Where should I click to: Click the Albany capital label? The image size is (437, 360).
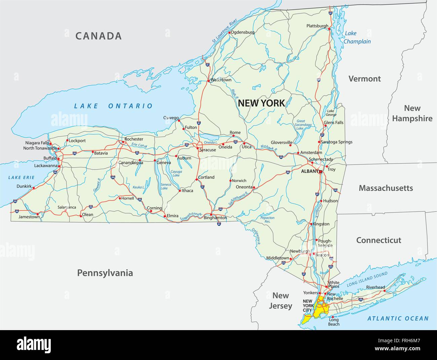[309, 171]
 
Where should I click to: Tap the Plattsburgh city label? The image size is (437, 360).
[317, 26]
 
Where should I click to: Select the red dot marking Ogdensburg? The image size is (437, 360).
[229, 33]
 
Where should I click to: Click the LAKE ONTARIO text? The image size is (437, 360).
[113, 106]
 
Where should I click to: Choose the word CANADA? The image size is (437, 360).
[98, 36]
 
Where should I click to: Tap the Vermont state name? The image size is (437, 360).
[364, 79]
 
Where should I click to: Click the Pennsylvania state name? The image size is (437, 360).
[105, 273]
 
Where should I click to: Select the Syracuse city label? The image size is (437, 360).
[207, 150]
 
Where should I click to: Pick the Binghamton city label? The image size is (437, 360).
[215, 218]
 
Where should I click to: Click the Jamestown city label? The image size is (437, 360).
[29, 217]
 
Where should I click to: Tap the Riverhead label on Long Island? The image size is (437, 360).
[375, 287]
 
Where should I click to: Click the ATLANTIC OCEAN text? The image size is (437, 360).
[398, 318]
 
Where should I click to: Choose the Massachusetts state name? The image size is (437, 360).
[386, 188]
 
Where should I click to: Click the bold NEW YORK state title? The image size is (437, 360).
[261, 103]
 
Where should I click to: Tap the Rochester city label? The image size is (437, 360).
[134, 139]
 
